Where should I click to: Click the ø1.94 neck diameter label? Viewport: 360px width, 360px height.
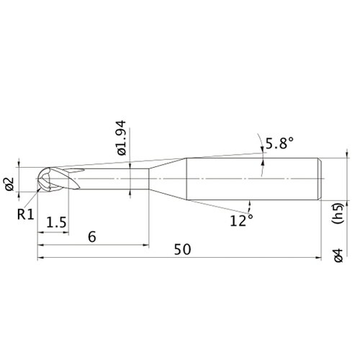[x=122, y=138]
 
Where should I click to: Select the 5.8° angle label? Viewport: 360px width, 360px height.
[x=279, y=143]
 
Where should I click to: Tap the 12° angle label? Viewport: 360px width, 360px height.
[x=241, y=220]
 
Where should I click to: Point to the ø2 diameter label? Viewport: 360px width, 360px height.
[x=10, y=184]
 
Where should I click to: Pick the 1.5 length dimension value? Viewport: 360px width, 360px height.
[x=56, y=222]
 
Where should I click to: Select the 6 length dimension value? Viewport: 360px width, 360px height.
[x=92, y=237]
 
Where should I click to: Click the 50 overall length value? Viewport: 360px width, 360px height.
[x=182, y=249]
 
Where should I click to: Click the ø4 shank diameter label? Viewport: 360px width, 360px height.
[x=339, y=256]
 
